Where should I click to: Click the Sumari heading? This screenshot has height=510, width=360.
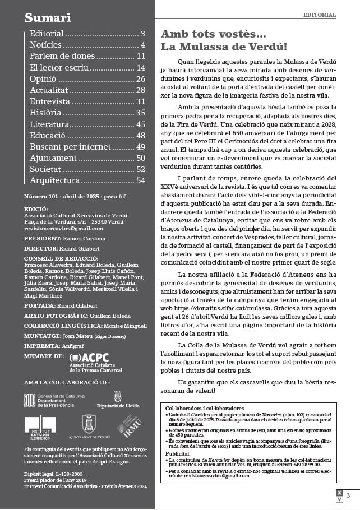(x=48, y=18)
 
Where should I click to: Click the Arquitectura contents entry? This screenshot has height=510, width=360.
(x=55, y=180)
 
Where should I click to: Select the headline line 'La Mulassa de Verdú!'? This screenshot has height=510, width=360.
(x=224, y=47)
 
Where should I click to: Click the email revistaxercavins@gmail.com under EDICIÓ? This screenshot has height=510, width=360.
(x=63, y=229)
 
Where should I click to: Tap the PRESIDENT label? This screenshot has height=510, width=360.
(x=42, y=238)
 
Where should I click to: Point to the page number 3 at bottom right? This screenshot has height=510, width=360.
(x=348, y=495)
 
